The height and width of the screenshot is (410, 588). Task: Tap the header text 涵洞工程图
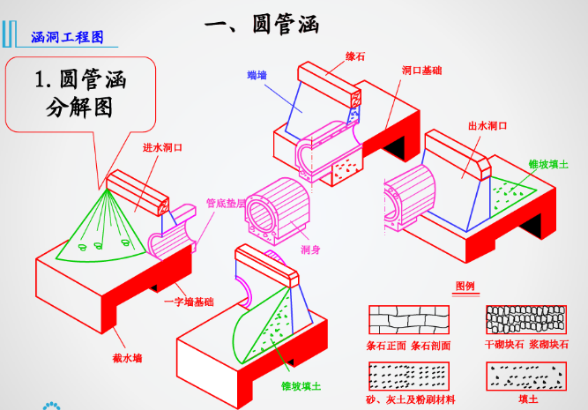pyautogui.click(x=67, y=37)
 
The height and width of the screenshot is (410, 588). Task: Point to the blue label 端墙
pyautogui.click(x=257, y=77)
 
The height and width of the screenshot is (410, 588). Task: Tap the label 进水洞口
pyautogui.click(x=162, y=147)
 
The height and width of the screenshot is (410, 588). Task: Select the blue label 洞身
pyautogui.click(x=310, y=250)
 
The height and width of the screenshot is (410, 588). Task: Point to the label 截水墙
pyautogui.click(x=130, y=357)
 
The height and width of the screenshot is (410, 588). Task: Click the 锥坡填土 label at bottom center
pyautogui.click(x=301, y=385)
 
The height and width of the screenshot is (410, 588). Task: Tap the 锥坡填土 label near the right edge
pyautogui.click(x=547, y=165)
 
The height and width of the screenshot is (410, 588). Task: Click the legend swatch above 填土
pyautogui.click(x=525, y=376)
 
